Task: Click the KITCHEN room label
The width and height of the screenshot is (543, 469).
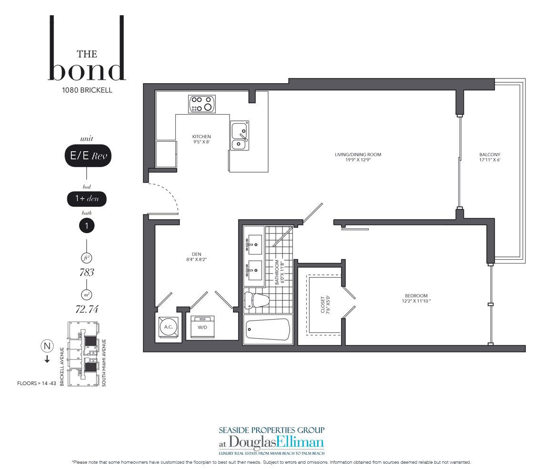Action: point(201,137)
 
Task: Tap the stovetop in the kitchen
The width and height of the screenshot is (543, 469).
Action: point(202,104)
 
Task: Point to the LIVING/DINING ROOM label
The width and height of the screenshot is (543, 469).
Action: point(358,155)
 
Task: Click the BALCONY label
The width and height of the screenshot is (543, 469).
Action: point(490,155)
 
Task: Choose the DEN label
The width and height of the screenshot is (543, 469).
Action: point(196,254)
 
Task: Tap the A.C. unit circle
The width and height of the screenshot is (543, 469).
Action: point(168,327)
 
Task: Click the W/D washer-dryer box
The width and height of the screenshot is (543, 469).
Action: point(202,327)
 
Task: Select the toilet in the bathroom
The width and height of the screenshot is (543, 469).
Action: point(256,300)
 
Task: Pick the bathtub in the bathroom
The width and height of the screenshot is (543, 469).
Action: point(268,330)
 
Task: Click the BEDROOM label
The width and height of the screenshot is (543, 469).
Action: point(416,296)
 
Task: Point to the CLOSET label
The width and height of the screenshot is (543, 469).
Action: point(323,304)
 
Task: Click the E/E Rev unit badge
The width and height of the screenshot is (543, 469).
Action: point(88,156)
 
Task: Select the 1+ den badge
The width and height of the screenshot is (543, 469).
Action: point(87,198)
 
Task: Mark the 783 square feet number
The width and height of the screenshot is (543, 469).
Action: point(87,273)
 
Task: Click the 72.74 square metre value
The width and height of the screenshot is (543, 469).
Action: point(87,309)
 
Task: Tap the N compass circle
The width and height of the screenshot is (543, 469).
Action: point(47,346)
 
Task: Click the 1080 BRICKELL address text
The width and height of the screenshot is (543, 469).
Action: point(87,90)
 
